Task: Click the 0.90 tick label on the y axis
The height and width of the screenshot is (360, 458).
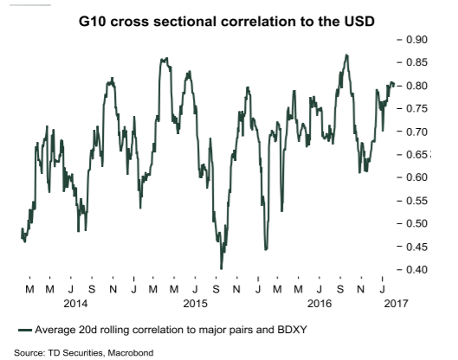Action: [x=416, y=40]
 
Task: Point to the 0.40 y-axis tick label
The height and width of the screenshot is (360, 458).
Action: [x=416, y=269]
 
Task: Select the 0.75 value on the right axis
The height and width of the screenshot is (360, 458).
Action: [x=416, y=109]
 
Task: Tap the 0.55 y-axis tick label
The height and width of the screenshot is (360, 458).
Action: [x=416, y=201]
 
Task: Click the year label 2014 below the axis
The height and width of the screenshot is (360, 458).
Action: [x=75, y=304]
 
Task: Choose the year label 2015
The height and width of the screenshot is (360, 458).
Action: [x=195, y=304]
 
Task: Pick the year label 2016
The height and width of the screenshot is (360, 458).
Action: [x=319, y=304]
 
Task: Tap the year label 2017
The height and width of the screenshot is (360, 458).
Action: [x=396, y=304]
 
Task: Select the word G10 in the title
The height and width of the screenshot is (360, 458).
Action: [x=93, y=22]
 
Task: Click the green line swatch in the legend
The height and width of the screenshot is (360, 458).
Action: [x=25, y=331]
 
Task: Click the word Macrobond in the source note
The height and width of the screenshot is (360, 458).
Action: [x=131, y=353]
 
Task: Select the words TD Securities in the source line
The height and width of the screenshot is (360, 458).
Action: [x=74, y=353]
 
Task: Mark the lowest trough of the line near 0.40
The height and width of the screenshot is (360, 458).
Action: [x=221, y=268]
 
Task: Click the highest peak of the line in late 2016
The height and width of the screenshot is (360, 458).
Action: [x=346, y=55]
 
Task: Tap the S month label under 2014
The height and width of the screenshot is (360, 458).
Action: [x=92, y=289]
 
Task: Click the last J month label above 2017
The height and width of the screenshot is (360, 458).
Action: [x=382, y=289]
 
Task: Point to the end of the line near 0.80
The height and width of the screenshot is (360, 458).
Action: [x=394, y=85]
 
